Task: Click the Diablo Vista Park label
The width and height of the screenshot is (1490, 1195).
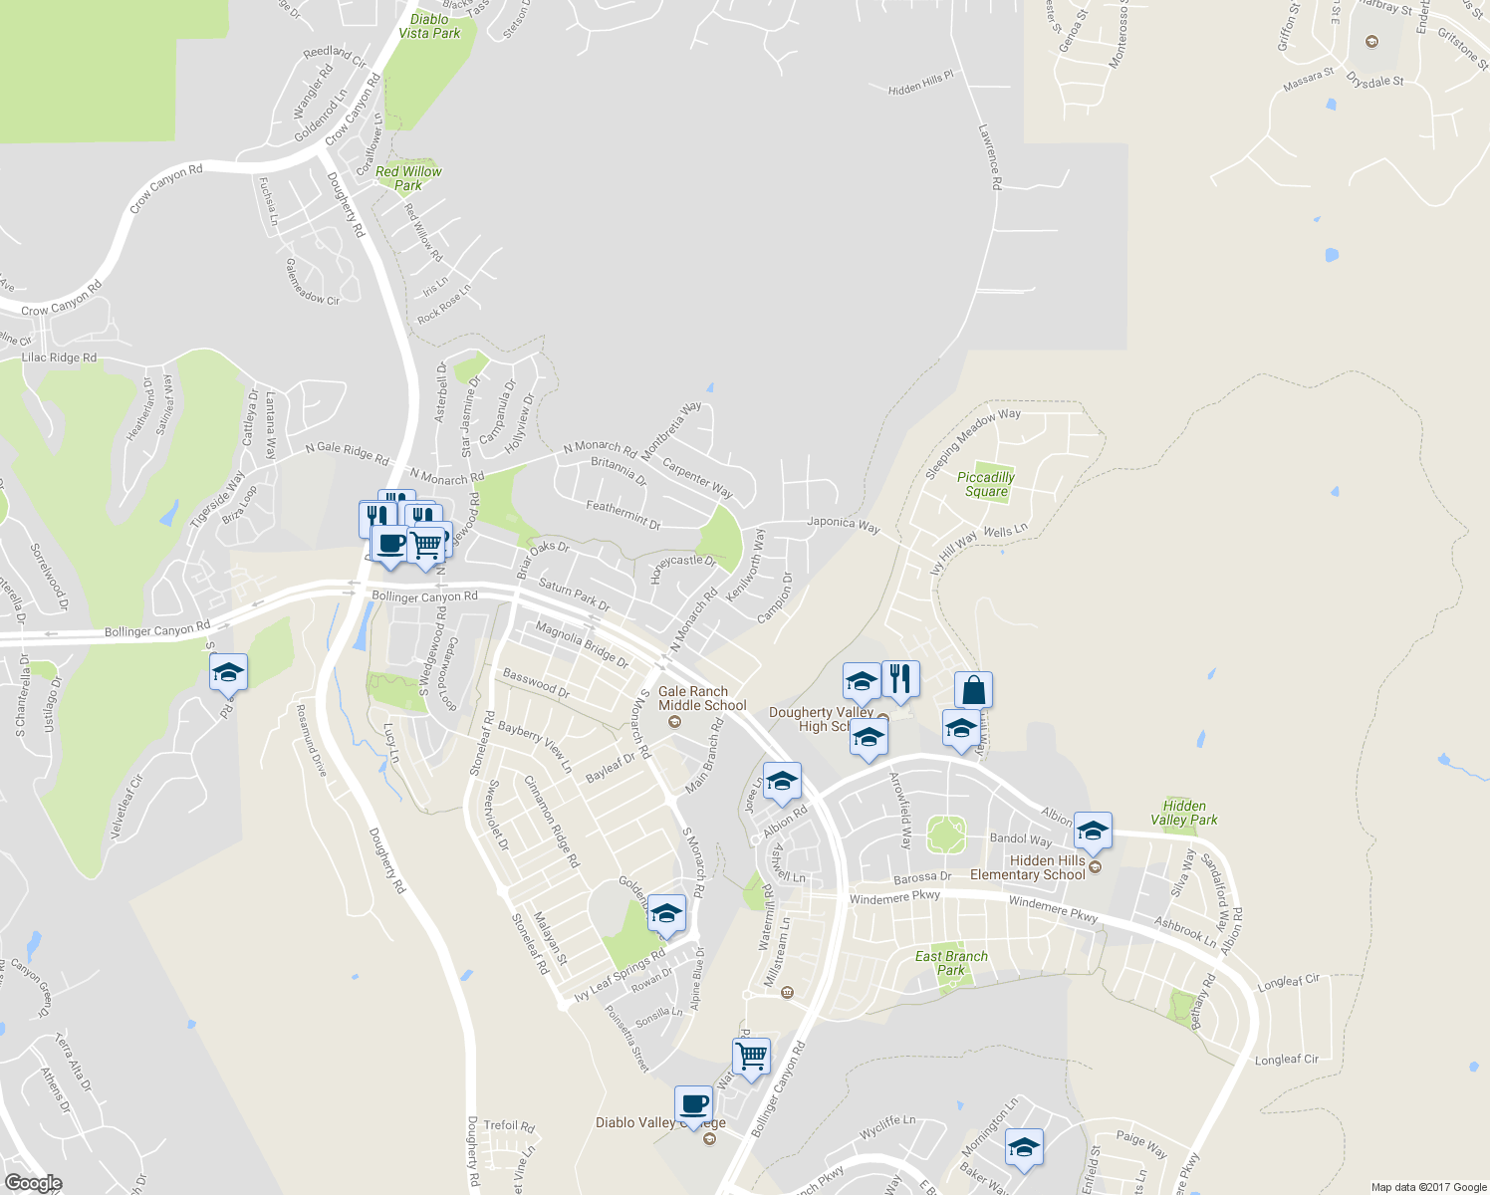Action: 429,26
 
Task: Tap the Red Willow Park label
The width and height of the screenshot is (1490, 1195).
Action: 408,178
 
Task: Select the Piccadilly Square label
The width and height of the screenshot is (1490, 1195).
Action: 986,484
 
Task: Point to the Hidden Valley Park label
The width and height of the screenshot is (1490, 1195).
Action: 1184,813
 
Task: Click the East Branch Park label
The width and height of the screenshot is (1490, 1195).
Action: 951,963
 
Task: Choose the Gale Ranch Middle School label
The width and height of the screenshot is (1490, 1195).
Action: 701,698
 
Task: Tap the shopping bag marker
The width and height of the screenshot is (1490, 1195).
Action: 973,689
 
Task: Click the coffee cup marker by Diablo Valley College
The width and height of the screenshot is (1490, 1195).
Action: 693,1103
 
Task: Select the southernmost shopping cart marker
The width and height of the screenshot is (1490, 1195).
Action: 751,1055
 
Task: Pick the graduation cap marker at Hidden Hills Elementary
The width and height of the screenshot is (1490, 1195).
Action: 1093,830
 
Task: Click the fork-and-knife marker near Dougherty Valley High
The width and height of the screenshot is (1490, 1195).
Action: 900,678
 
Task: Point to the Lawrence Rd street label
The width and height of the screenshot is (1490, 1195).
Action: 989,156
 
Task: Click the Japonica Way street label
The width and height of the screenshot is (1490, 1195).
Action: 843,524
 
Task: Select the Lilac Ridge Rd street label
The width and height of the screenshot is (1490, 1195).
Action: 59,358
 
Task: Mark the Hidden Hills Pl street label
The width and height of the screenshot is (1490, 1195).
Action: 920,83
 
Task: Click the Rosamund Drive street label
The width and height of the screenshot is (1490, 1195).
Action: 311,741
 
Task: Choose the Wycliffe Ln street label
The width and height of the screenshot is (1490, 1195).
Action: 886,1128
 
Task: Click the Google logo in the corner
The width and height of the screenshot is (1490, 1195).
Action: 33,1183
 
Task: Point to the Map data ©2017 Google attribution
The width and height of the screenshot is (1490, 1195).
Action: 1428,1187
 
